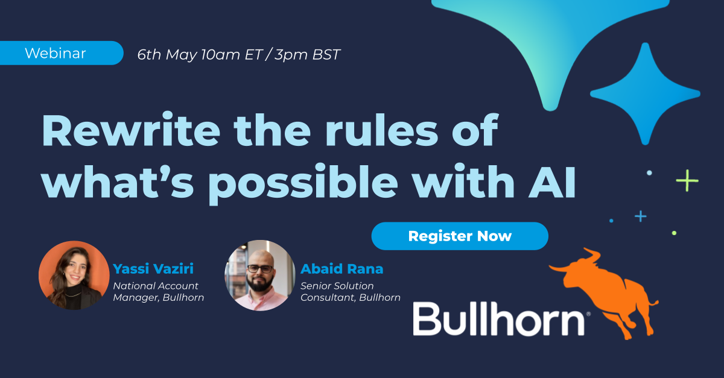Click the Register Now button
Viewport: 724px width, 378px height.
point(460,236)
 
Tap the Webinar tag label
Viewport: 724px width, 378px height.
point(55,53)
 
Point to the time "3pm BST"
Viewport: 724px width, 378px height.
point(307,55)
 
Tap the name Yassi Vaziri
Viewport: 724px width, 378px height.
point(153,269)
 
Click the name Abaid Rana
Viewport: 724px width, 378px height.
point(341,269)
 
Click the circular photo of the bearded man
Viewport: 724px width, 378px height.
point(260,276)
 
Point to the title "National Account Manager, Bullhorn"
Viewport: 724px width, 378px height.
point(158,291)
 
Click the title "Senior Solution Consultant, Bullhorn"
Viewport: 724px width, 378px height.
point(350,291)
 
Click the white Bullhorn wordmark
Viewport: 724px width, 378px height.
point(498,318)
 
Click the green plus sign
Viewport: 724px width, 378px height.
point(687,180)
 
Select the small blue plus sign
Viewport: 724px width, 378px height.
point(640,216)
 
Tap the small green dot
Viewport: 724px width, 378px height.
point(674,233)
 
